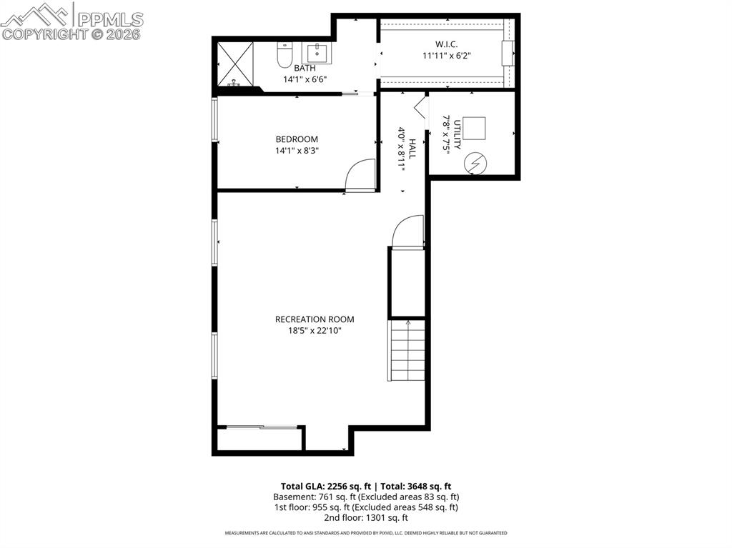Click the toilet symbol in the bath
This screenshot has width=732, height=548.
[x=285, y=54]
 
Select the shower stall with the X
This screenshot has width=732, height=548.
[x=235, y=63]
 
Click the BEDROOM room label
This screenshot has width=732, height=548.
[x=297, y=139]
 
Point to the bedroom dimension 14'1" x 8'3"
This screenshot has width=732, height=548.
[x=297, y=151]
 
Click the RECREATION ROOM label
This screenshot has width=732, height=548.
[x=315, y=319]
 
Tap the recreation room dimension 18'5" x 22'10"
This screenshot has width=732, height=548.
[x=315, y=331]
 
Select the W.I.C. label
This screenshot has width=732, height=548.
[x=446, y=44]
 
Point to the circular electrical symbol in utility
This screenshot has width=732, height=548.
[x=474, y=164]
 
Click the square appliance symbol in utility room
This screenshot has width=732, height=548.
[x=474, y=127]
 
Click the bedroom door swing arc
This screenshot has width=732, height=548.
[x=360, y=175]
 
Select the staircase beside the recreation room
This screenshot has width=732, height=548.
[x=408, y=351]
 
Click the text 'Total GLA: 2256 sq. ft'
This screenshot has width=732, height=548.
[x=325, y=486]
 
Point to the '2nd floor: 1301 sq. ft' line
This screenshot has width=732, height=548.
[x=365, y=517]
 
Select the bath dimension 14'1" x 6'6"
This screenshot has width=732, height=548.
[x=305, y=79]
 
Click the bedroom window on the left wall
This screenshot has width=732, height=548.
[x=214, y=118]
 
